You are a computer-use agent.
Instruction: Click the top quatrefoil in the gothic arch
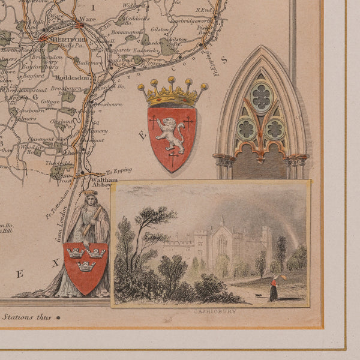point(262,97)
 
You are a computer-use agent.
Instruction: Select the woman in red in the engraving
point(273,288)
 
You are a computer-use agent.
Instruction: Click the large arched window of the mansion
point(221,244)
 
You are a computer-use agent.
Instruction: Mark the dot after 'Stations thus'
point(59,317)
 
